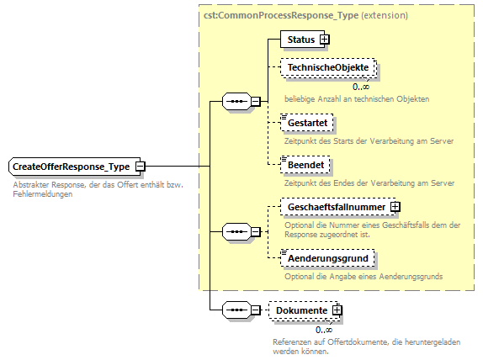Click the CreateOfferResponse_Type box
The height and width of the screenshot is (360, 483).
tap(72, 167)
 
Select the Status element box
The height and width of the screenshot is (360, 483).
tap(300, 40)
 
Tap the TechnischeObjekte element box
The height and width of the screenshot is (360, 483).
tap(327, 66)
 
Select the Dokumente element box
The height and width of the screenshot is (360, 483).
tap(300, 310)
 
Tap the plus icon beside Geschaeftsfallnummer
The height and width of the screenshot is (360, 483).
tap(395, 206)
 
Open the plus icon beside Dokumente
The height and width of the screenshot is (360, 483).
tap(337, 310)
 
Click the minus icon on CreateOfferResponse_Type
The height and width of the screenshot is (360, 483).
tap(141, 167)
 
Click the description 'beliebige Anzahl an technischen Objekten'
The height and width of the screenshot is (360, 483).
tap(357, 99)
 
